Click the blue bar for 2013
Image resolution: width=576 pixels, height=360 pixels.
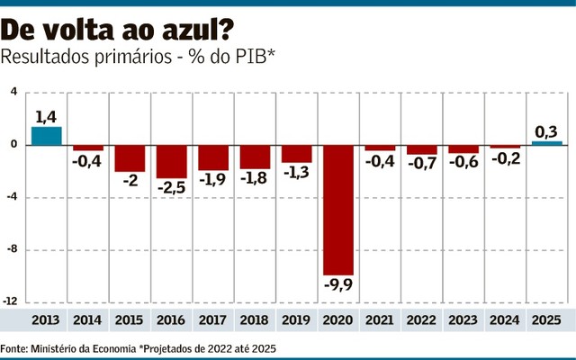click(47, 135)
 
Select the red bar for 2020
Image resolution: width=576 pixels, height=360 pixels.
click(338, 209)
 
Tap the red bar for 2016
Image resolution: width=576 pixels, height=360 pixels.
click(171, 161)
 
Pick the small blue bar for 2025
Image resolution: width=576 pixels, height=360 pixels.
click(546, 142)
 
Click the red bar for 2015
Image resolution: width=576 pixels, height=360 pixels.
click(130, 157)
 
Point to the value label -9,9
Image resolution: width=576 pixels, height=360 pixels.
click(339, 287)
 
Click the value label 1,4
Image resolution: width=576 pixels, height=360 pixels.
click(47, 116)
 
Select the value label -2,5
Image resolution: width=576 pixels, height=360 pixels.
click(171, 189)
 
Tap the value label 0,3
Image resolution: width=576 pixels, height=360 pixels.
click(546, 131)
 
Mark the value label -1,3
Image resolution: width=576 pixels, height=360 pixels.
click(296, 173)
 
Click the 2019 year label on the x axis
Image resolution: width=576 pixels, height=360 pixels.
click(296, 320)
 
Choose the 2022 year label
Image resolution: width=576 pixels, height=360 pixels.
click(421, 320)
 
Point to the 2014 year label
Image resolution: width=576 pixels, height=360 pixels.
click(87, 320)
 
